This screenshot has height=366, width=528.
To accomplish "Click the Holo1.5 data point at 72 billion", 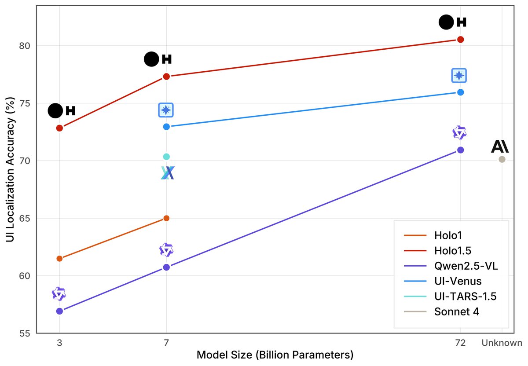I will tap(460, 39).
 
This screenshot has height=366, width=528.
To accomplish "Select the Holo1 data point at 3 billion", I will tap(59, 258).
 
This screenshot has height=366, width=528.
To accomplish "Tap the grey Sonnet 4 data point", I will tap(502, 159).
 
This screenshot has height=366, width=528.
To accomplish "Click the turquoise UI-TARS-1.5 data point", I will tap(166, 157).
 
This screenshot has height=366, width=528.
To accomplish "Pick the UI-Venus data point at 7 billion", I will tap(166, 127).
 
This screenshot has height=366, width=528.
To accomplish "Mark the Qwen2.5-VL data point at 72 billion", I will tap(460, 150).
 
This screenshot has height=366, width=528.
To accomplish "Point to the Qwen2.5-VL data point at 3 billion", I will tap(59, 311).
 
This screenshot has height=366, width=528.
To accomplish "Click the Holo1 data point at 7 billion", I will tap(166, 218).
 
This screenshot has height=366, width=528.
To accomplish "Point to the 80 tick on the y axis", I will tap(27, 46).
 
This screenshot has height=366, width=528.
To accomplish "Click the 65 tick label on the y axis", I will tap(27, 218).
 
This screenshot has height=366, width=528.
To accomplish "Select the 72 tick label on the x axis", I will tap(460, 343).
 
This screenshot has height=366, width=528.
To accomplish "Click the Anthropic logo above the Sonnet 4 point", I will tap(500, 146).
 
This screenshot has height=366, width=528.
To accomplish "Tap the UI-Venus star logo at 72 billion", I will tap(459, 76).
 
